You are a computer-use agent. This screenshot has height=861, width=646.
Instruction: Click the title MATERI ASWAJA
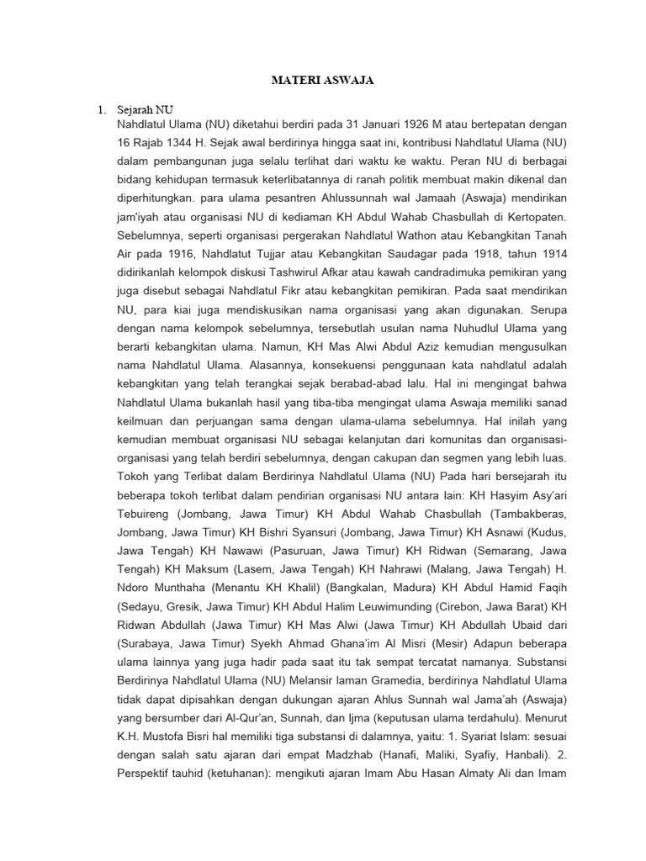coord(322,82)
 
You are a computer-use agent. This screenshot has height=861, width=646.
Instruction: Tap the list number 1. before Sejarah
coord(102,109)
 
